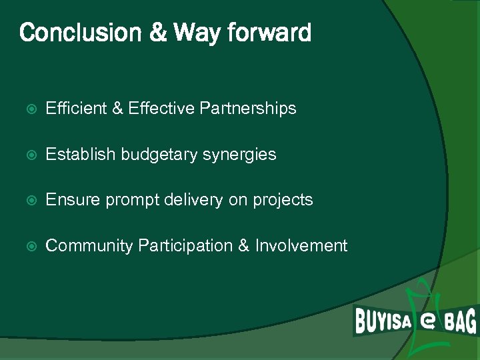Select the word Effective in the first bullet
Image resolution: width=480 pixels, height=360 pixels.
click(x=162, y=108)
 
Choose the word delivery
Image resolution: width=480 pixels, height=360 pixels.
click(x=187, y=199)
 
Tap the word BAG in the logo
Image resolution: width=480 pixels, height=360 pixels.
click(x=461, y=322)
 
